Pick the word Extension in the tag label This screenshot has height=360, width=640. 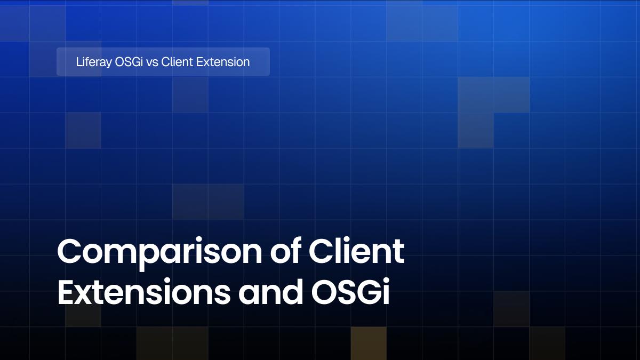[x=223, y=62]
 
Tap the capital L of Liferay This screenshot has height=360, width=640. [x=78, y=62]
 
